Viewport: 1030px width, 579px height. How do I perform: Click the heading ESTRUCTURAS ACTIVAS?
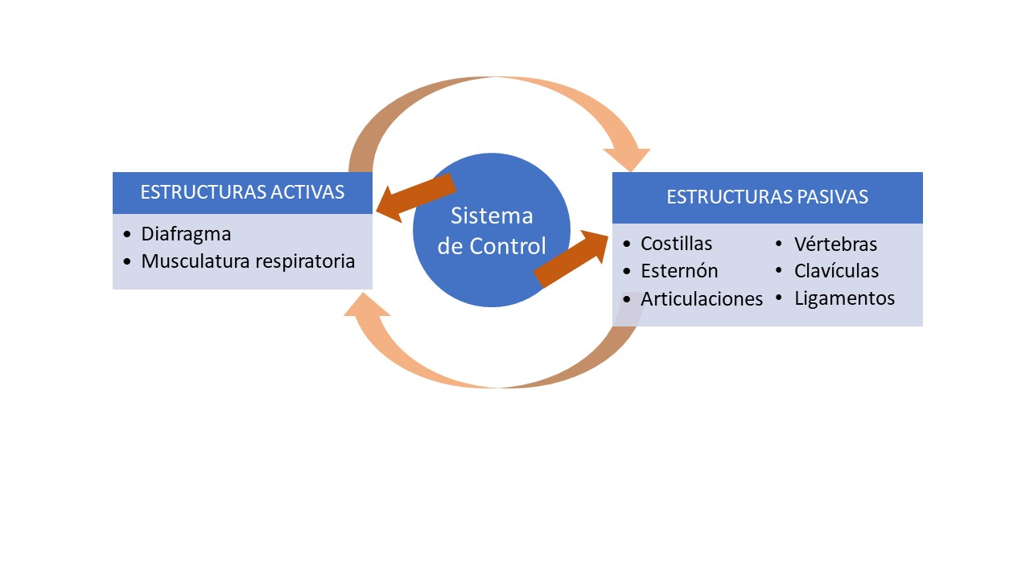coord(242,192)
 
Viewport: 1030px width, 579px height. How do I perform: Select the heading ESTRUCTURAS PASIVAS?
coord(768,197)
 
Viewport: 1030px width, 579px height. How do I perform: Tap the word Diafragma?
coord(186,234)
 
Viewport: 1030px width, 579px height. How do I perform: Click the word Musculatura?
coord(196,261)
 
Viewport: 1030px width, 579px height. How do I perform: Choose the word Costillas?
coord(677,244)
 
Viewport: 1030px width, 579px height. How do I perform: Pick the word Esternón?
coord(679,271)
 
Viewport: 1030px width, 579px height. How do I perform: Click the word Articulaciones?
coord(702,298)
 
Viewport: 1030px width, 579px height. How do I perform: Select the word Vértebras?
coord(835,244)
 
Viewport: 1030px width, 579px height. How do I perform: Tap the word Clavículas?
coord(836,271)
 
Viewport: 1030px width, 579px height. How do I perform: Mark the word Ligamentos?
coord(845,298)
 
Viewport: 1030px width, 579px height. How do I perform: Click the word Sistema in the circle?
coord(492,216)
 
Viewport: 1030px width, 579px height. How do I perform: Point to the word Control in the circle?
coord(508,246)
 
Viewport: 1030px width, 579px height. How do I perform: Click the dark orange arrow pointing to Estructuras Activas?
coord(416,198)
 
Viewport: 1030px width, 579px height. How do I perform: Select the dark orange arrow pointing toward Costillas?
coord(571,259)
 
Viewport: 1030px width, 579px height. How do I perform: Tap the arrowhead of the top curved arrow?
coord(627,158)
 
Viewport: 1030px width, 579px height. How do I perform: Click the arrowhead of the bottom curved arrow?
coord(367,305)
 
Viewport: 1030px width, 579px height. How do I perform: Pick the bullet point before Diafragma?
coord(127,234)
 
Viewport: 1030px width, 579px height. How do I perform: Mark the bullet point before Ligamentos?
coord(779,298)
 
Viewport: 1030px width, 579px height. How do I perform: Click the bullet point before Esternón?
coord(627,271)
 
